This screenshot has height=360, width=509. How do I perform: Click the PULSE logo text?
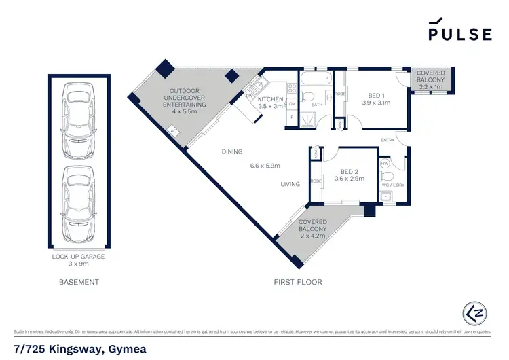pos(459,34)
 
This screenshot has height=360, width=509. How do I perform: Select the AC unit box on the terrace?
pos(173,131)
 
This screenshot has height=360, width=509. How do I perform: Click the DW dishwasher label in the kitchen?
pos(250,96)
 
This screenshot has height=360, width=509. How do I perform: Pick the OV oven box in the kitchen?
pos(292,104)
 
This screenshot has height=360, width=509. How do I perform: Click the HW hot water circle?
pos(385,164)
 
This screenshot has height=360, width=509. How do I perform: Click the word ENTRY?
pos(388,140)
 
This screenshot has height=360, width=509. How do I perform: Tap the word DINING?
pos(231,151)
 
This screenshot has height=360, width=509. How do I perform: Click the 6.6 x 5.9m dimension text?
pos(266,165)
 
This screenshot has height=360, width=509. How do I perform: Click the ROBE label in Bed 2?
pos(316,181)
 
